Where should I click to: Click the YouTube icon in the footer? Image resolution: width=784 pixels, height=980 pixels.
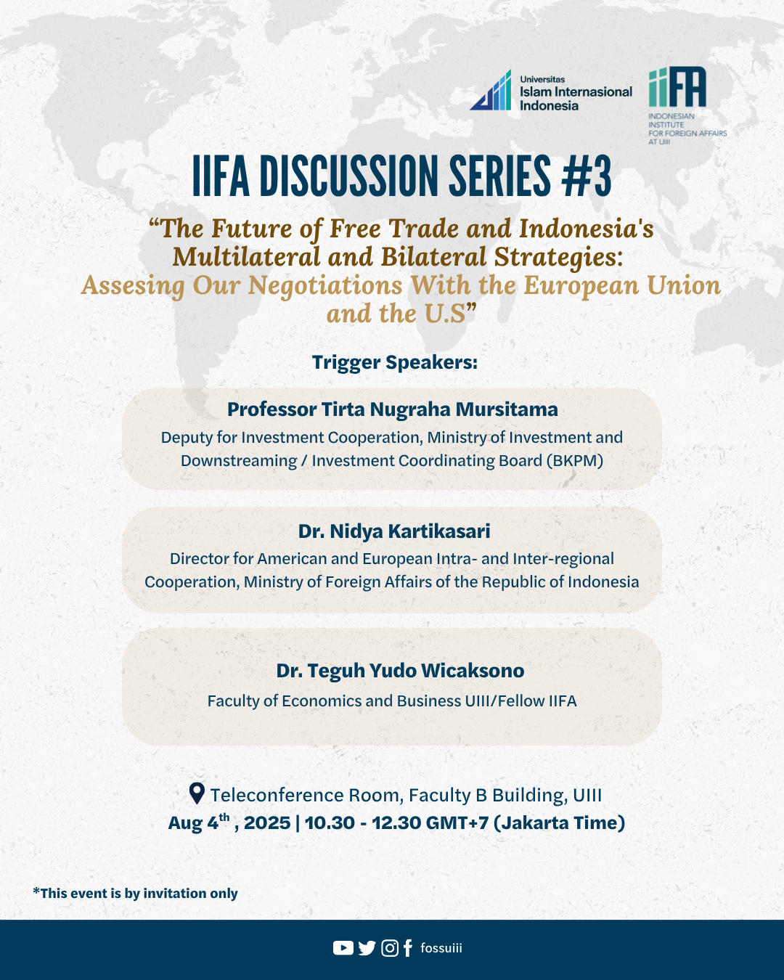click(343, 948)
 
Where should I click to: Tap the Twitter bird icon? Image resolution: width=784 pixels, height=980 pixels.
click(367, 948)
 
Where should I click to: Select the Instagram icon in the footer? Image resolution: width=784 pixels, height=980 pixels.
click(390, 948)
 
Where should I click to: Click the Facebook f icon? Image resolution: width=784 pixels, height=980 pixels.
click(407, 948)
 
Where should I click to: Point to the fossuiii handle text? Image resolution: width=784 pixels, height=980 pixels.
click(441, 948)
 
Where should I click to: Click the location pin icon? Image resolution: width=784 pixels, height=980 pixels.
click(196, 793)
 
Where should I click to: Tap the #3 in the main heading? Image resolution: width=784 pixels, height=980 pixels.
click(587, 176)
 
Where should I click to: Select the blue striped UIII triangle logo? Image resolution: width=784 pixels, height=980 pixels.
click(491, 92)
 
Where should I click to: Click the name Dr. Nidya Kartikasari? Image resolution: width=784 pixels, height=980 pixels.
click(394, 531)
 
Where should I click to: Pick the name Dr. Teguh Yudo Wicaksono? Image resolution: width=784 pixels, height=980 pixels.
click(400, 671)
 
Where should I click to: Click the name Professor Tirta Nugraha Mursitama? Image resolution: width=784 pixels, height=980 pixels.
click(392, 409)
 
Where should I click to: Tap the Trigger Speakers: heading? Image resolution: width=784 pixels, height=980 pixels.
click(394, 362)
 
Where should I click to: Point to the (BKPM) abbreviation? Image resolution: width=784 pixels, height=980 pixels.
click(575, 461)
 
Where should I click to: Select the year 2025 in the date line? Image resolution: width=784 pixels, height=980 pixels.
click(267, 823)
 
